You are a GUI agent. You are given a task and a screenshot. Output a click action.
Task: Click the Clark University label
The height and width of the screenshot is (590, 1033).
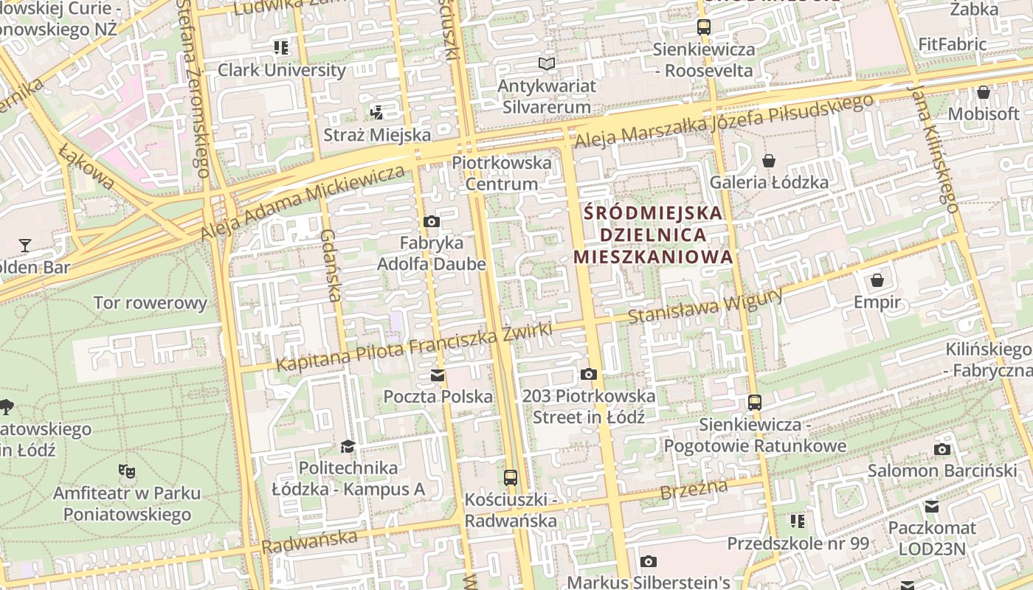pos(281,70)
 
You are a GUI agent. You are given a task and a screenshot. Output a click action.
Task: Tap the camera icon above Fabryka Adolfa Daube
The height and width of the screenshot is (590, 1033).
pos(432,221)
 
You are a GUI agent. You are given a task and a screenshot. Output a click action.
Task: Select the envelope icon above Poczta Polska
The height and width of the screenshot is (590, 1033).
pos(438,375)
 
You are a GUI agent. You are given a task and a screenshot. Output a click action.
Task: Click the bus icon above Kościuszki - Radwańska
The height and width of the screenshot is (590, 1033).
pos(510,477)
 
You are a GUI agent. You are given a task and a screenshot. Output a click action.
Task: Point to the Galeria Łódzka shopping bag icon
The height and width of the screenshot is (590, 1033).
pos(768,160)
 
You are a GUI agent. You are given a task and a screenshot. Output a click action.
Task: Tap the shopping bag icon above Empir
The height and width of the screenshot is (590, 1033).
pos(877,280)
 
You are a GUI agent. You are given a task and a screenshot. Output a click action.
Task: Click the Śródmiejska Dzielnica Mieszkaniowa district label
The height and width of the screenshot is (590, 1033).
pos(653,235)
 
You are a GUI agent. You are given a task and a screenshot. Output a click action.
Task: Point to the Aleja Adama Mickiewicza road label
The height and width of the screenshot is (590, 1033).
pos(303,202)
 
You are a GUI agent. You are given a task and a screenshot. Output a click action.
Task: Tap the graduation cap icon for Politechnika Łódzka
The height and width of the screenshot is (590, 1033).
pos(348,446)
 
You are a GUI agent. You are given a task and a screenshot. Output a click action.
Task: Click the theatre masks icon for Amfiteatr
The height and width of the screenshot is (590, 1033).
pos(126,471)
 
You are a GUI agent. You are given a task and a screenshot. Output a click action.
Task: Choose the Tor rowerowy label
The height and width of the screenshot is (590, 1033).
pos(151,302)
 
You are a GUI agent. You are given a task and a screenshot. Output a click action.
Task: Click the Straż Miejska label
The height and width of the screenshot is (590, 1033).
pos(377,135)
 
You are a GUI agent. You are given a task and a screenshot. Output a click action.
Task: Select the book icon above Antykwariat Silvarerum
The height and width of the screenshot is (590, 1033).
pos(546,64)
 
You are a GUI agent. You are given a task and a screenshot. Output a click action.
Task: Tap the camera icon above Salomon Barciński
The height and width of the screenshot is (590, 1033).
pos(942,449)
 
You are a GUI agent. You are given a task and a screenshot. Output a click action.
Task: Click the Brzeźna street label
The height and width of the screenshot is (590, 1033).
pos(694,489)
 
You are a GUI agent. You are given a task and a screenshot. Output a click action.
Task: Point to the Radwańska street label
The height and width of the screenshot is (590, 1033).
pos(310,542)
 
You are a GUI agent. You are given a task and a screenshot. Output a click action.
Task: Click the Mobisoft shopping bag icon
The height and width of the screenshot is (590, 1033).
pos(983,92)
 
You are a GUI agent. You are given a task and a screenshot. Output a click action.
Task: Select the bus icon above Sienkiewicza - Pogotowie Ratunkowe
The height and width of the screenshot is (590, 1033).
pos(754,403)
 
